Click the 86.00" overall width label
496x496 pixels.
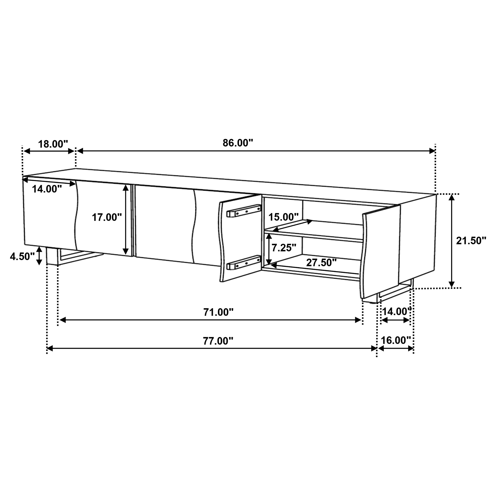tap(238, 143)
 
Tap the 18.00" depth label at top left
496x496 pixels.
tap(53, 144)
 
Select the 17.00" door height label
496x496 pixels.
tap(107, 217)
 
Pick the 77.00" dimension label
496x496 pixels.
tap(218, 341)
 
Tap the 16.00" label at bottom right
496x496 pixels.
tap(396, 340)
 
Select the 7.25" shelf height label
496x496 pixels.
tap(284, 248)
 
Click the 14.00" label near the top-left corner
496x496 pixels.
tap(47, 189)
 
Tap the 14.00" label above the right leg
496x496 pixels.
tap(397, 312)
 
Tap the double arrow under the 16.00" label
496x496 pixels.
tap(396, 348)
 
